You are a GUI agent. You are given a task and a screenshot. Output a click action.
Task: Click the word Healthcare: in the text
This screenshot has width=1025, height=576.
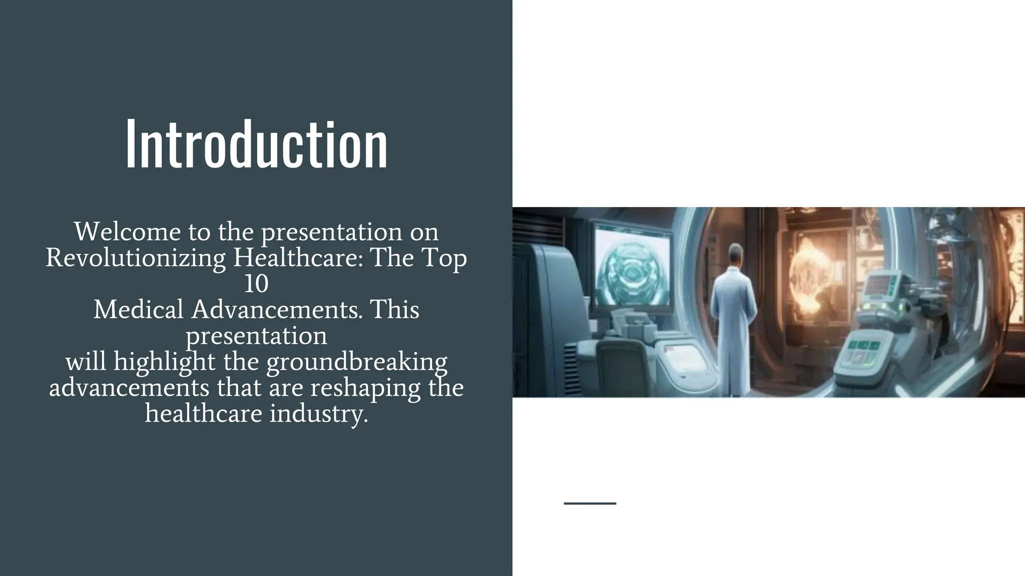tap(299, 258)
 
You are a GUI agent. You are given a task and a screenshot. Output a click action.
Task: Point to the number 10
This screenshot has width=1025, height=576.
tap(256, 284)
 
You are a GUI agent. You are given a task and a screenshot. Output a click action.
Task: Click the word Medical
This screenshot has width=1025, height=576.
tap(138, 309)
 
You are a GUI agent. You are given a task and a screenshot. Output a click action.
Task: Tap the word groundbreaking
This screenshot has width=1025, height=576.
tap(356, 362)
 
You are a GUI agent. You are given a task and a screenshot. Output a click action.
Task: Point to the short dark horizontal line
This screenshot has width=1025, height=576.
tap(590, 503)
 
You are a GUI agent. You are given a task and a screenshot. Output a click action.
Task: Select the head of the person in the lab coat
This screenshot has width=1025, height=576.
tap(734, 252)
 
